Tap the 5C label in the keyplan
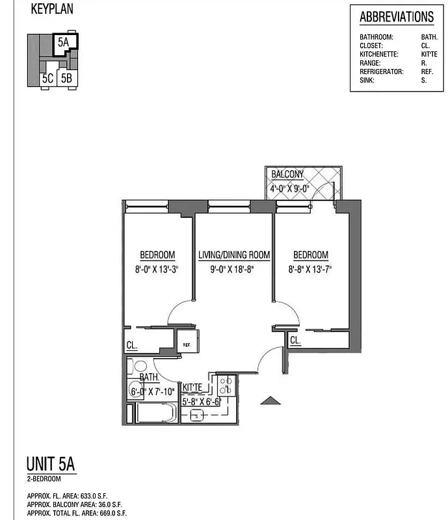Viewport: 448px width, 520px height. click(x=47, y=79)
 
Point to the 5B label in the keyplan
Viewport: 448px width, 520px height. click(x=66, y=79)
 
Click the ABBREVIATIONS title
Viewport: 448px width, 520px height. click(x=396, y=17)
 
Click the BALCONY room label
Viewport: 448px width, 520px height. click(x=287, y=175)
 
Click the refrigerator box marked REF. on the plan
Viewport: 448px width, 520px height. click(x=187, y=344)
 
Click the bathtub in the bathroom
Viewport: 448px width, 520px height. click(x=154, y=413)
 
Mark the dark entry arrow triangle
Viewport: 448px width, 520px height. click(x=270, y=402)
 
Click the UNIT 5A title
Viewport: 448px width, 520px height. click(x=51, y=465)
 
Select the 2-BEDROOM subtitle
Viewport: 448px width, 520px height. click(x=44, y=479)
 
